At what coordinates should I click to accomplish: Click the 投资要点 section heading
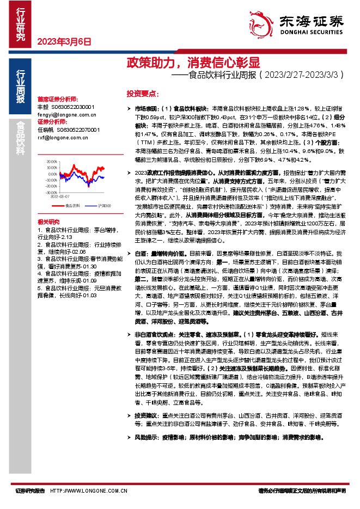coord(143,93)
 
